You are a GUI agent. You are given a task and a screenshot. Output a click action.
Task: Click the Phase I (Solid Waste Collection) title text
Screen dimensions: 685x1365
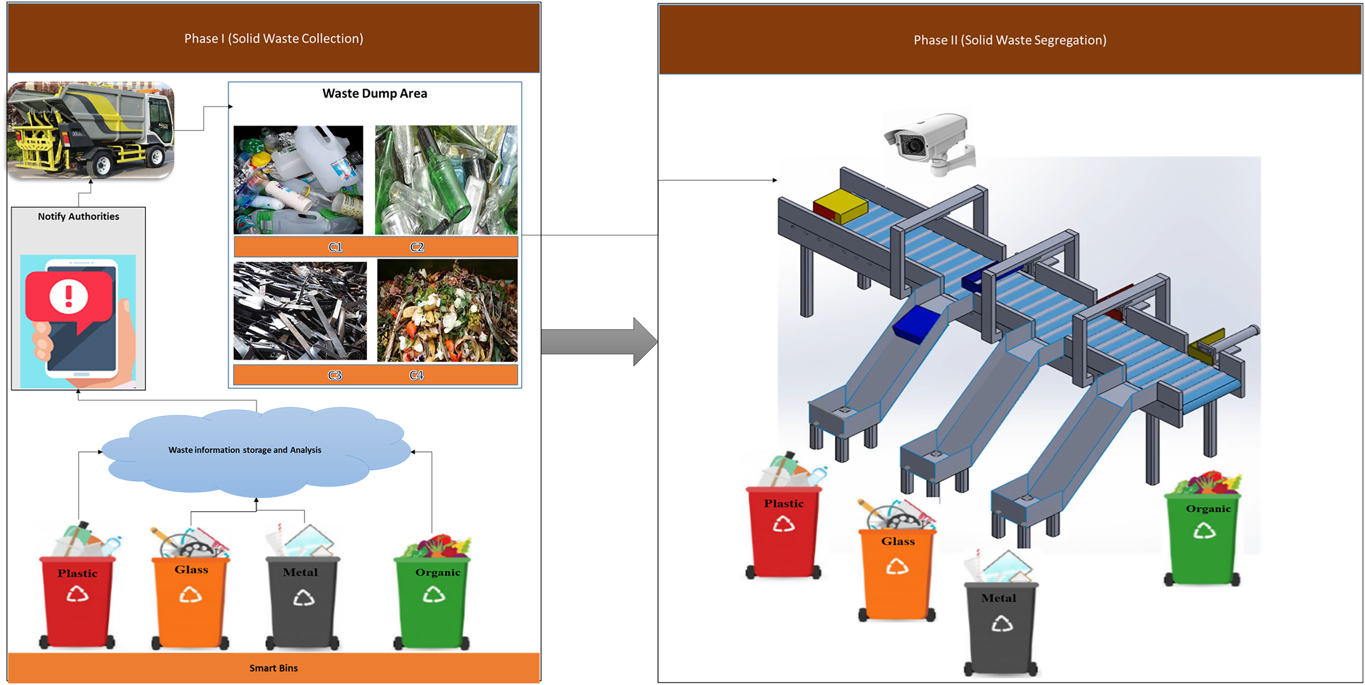coord(273,39)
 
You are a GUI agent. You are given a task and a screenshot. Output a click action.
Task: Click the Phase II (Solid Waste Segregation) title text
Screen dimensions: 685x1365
coord(1010,40)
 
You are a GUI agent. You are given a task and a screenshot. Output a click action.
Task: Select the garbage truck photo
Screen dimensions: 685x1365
coord(91,130)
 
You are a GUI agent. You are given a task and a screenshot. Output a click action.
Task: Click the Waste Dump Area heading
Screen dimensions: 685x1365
coord(375,94)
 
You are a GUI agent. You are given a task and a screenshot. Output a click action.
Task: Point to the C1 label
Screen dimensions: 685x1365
coord(335,247)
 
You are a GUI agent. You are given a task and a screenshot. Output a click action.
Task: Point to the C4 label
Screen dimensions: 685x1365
coord(416,375)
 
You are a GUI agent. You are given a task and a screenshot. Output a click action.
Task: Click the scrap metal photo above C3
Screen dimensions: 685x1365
coord(300,311)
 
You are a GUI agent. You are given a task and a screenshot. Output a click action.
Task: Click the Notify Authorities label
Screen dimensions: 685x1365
coord(78,216)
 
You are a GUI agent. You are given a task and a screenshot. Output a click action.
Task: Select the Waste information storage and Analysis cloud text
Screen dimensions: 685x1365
coord(245,450)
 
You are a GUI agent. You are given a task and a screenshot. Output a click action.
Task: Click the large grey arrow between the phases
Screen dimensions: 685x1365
coord(599,342)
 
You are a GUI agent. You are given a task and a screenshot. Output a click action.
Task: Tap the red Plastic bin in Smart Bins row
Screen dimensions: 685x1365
coord(77,601)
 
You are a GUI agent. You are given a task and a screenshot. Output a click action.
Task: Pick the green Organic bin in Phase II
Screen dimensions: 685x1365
coord(1203,538)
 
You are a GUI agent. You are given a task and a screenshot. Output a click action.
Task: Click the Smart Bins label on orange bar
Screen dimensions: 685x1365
coord(273,668)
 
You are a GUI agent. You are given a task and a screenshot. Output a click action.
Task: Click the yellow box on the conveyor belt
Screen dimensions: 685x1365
coord(840,206)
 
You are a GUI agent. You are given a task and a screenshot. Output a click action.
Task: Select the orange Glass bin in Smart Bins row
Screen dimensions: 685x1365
coord(191,601)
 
